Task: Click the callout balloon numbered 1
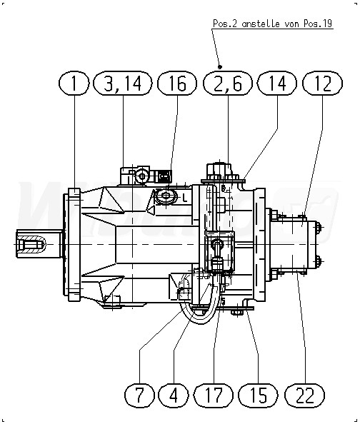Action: pyautogui.click(x=74, y=84)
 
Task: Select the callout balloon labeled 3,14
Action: pyautogui.click(x=123, y=84)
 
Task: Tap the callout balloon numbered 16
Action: pyautogui.click(x=177, y=84)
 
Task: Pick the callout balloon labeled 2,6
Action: pyautogui.click(x=228, y=84)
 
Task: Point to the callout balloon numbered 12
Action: pyautogui.click(x=322, y=84)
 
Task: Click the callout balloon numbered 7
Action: pyautogui.click(x=139, y=395)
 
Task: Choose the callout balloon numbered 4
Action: pyautogui.click(x=174, y=395)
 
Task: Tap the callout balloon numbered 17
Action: pyautogui.click(x=214, y=395)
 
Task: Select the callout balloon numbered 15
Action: pyautogui.click(x=259, y=395)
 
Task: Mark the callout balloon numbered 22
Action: pyautogui.click(x=305, y=395)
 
